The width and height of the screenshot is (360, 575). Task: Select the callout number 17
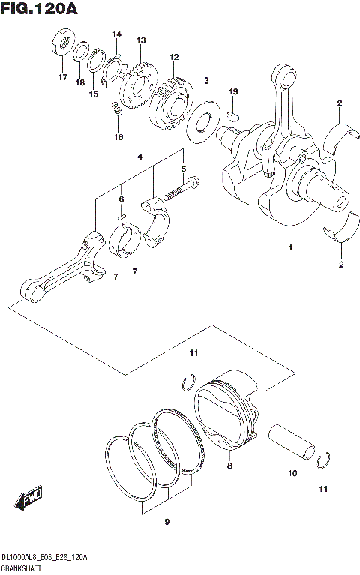[63, 77]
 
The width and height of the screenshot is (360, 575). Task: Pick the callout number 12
[173, 57]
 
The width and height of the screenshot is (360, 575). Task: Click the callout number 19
[233, 91]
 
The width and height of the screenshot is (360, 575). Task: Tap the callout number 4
[139, 156]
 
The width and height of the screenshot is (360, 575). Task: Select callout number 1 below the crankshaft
[289, 247]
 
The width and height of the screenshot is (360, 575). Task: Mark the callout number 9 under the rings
[167, 521]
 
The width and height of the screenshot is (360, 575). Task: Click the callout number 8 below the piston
[229, 466]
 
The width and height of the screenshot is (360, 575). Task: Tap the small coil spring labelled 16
[116, 110]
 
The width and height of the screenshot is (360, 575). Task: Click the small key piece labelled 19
[233, 115]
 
